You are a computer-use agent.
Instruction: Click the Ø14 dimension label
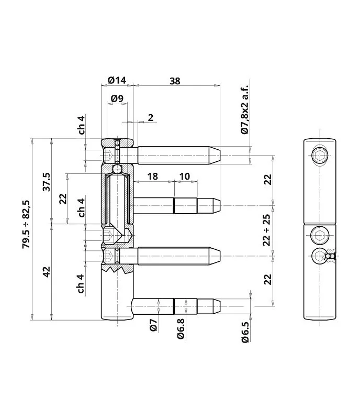tap(117, 80)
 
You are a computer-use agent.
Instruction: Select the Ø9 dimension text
tap(117, 98)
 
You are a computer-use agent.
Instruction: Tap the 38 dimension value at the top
tap(175, 81)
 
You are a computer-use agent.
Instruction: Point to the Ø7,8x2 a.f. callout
tap(245, 109)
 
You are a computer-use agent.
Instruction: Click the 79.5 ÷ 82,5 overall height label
tap(27, 225)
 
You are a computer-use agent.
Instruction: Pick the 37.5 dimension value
tap(47, 182)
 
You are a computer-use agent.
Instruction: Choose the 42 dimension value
tap(47, 272)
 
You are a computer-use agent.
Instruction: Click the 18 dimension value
tap(152, 177)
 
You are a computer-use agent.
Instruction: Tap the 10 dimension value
tap(185, 177)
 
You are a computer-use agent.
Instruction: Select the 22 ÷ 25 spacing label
tap(267, 230)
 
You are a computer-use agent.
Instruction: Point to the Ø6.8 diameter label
tap(181, 329)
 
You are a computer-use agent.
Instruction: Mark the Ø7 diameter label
tap(153, 325)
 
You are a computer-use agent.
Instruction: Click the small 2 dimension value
tap(151, 117)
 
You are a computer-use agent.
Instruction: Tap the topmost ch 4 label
tap(82, 125)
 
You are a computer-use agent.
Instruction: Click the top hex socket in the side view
tap(319, 155)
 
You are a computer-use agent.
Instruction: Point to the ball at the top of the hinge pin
tap(117, 169)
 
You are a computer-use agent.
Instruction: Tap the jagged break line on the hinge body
tap(117, 269)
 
